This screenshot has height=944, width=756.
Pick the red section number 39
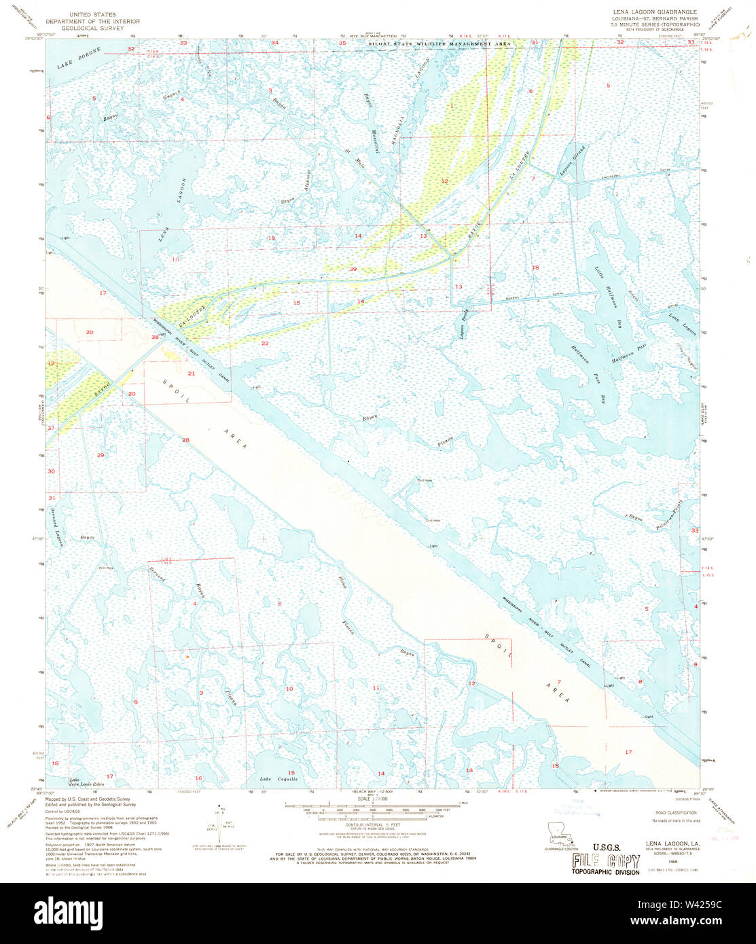pos(353,270)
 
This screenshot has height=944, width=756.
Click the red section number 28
pos(185,440)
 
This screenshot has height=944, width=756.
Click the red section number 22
pos(265,343)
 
